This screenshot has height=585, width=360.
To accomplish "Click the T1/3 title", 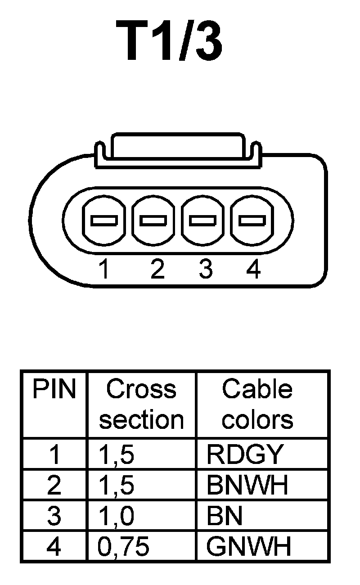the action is pyautogui.click(x=170, y=42).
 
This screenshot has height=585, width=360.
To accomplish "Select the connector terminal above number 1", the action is pyautogui.click(x=104, y=220).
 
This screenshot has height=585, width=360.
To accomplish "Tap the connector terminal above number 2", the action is pyautogui.click(x=153, y=220).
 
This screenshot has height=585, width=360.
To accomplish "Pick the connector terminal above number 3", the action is pyautogui.click(x=203, y=220).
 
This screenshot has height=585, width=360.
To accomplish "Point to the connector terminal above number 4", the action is pyautogui.click(x=252, y=220).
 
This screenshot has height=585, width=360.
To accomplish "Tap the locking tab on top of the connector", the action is pyautogui.click(x=178, y=146).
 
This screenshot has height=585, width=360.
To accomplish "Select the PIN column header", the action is pyautogui.click(x=54, y=390).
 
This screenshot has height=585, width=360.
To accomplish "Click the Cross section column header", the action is pyautogui.click(x=141, y=404).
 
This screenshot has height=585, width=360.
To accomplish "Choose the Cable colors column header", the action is pyautogui.click(x=257, y=404).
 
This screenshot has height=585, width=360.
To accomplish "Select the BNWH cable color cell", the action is pyautogui.click(x=247, y=485).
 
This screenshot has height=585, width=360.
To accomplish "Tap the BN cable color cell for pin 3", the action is pyautogui.click(x=225, y=516).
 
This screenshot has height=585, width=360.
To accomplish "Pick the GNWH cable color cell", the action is pyautogui.click(x=248, y=547).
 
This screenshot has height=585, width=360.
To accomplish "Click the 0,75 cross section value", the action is pyautogui.click(x=123, y=547).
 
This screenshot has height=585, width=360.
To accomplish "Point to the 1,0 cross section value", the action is pyautogui.click(x=116, y=516).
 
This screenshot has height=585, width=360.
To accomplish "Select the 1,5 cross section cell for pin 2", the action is pyautogui.click(x=116, y=485).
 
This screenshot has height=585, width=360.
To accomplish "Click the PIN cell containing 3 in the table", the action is pyautogui.click(x=54, y=516).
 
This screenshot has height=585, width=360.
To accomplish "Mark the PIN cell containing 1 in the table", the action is pyautogui.click(x=54, y=454).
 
